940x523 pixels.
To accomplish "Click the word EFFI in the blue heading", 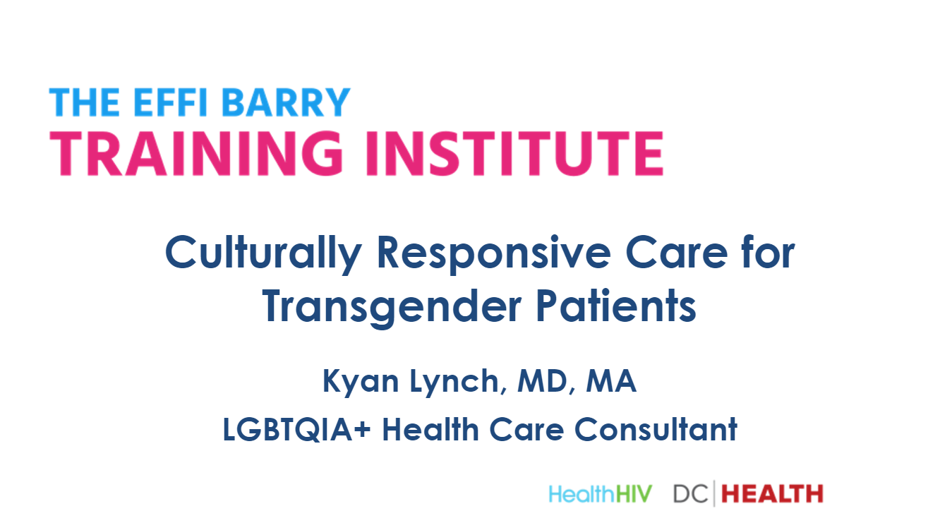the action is pyautogui.click(x=171, y=102).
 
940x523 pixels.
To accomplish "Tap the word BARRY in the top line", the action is pyautogui.click(x=286, y=102).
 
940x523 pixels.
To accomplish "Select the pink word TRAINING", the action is pyautogui.click(x=196, y=153).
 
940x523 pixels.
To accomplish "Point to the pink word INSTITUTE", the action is pyautogui.click(x=514, y=153).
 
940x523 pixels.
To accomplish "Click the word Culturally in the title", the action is pyautogui.click(x=263, y=254).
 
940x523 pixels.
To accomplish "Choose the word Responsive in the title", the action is pyautogui.click(x=494, y=254).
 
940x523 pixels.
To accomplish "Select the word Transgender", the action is pyautogui.click(x=392, y=307).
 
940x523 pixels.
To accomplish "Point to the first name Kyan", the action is pyautogui.click(x=361, y=383).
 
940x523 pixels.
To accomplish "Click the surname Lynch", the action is pyautogui.click(x=458, y=383).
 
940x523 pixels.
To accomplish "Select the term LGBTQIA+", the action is pyautogui.click(x=296, y=430).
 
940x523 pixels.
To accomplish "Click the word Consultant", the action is pyautogui.click(x=656, y=429).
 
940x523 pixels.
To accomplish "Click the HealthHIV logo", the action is pyautogui.click(x=601, y=493).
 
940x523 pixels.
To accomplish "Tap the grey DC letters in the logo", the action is pyautogui.click(x=691, y=493).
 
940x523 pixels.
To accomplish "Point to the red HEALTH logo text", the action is pyautogui.click(x=772, y=493).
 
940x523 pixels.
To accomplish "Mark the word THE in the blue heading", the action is pyautogui.click(x=85, y=102).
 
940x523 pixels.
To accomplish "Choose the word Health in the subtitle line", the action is pyautogui.click(x=430, y=429).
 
